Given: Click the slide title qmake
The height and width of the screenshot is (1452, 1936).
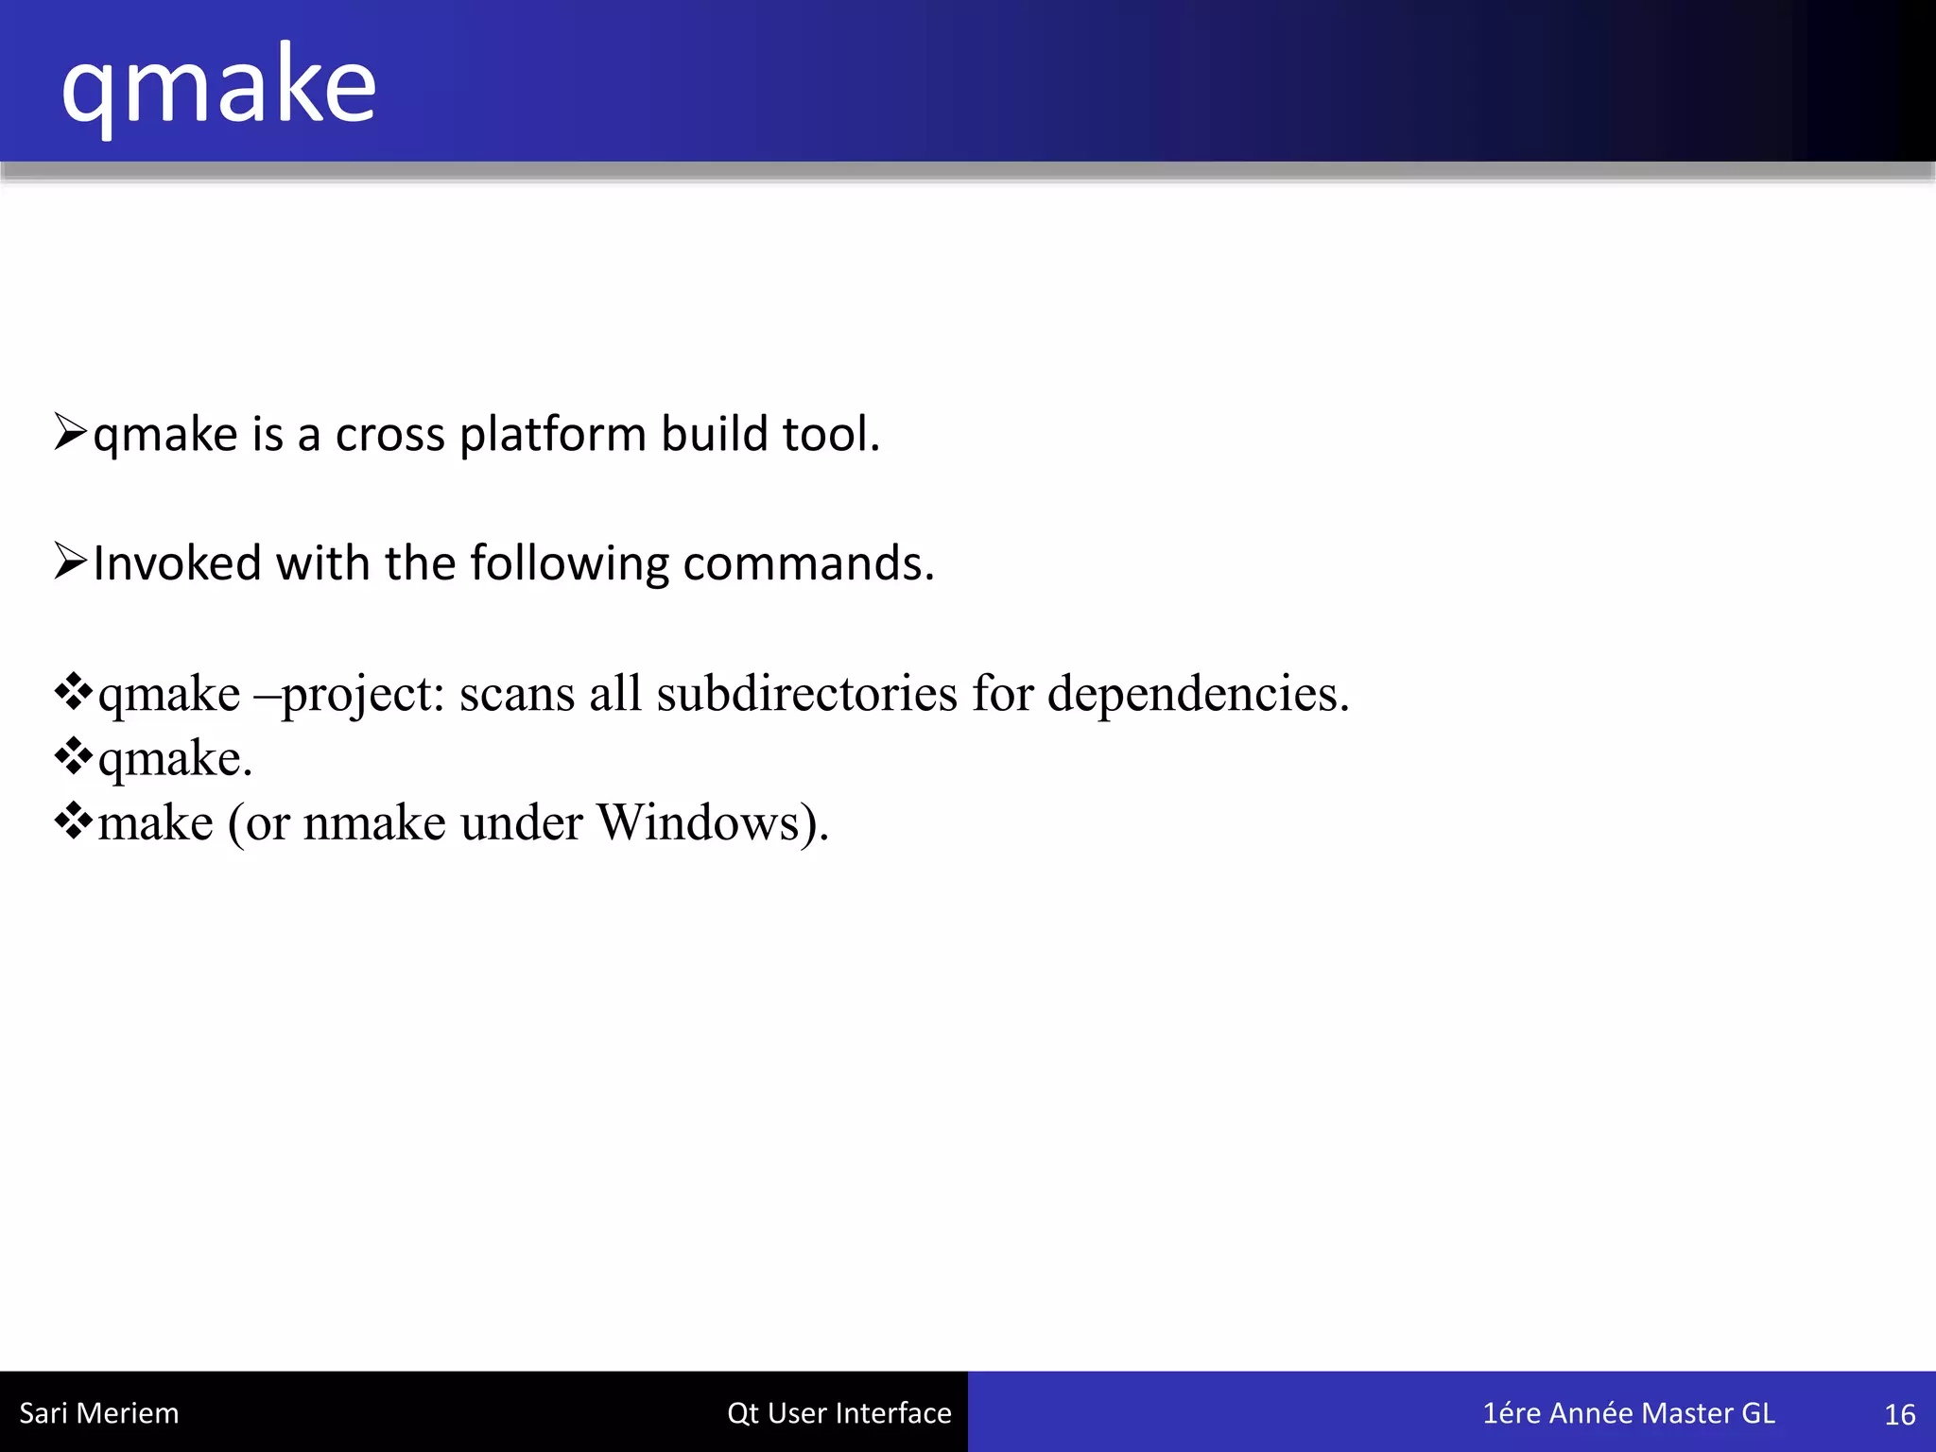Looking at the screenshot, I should click(x=218, y=87).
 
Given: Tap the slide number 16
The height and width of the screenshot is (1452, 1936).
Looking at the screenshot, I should click(x=1899, y=1414).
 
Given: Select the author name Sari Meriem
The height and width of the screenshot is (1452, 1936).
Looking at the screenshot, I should click(x=99, y=1413).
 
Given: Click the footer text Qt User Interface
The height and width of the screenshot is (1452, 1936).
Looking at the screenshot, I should click(x=838, y=1413).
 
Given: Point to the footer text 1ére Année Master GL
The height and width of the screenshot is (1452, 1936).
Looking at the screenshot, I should click(x=1628, y=1413).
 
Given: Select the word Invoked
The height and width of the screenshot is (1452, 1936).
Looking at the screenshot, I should click(x=177, y=563).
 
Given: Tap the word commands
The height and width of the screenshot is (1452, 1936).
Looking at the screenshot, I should click(x=808, y=563).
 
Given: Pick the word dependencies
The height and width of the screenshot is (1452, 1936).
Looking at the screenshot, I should click(x=1198, y=694).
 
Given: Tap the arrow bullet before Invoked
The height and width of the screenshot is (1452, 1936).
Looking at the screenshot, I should click(x=71, y=562).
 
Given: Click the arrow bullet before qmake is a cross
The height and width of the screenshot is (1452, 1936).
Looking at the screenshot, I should click(x=71, y=432).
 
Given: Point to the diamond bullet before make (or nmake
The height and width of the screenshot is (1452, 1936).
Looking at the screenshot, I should click(x=74, y=821).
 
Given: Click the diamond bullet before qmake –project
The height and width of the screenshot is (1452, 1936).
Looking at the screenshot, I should click(x=74, y=692).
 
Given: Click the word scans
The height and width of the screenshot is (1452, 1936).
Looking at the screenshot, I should click(x=517, y=694).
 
